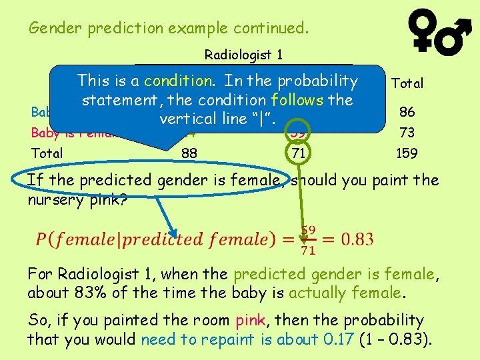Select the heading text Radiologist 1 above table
pos(243,55)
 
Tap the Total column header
pos(407,84)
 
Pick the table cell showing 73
pos(406,132)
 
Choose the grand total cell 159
pos(406,153)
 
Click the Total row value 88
pos(189,153)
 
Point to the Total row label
pos(47,153)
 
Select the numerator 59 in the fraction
pos(308,231)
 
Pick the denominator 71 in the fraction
pos(308,250)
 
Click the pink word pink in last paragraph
pos(251,321)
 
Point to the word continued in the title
pos(267,29)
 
